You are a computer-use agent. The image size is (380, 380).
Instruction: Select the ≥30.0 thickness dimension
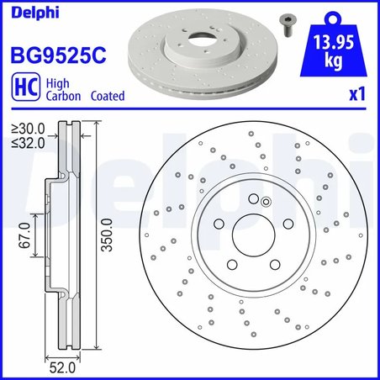[x=28, y=128]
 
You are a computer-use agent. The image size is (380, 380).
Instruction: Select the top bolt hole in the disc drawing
[x=253, y=198]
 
